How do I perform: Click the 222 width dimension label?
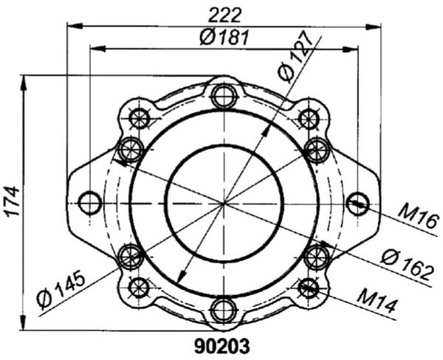tap(225, 15)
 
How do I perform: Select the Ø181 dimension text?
tap(224, 38)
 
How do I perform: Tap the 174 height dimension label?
tap(13, 201)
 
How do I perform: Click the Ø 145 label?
tap(61, 289)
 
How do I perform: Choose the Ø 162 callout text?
tap(407, 265)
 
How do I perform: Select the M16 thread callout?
tap(419, 217)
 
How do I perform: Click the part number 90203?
tap(222, 346)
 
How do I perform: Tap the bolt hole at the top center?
tap(224, 96)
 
